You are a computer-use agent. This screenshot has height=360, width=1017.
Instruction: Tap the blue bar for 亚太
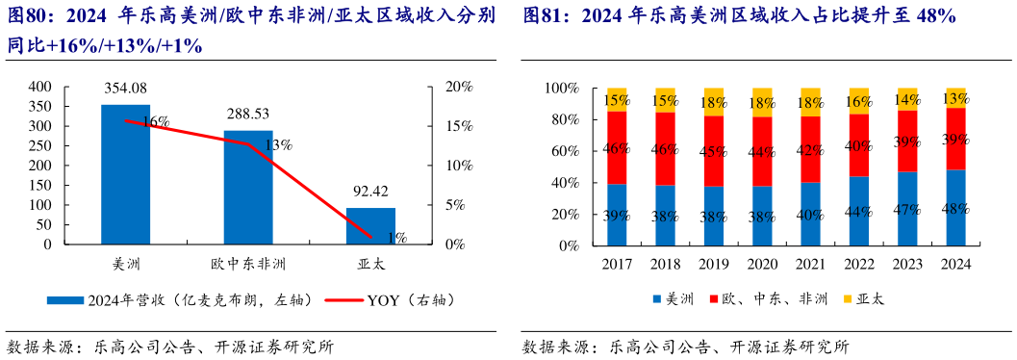tap(370, 226)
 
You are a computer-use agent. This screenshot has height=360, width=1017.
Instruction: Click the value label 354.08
tap(125, 90)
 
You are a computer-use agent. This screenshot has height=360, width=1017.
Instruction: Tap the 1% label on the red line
tap(396, 238)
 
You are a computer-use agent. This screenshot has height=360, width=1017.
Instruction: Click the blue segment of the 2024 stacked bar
tap(955, 208)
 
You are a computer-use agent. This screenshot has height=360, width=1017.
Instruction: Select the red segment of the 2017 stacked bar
tap(617, 147)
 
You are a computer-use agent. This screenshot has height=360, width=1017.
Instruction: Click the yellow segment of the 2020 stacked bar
tap(762, 102)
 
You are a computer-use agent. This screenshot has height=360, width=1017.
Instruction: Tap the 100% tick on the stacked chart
tap(562, 89)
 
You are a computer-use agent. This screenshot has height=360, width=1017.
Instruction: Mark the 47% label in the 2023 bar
tap(907, 209)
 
